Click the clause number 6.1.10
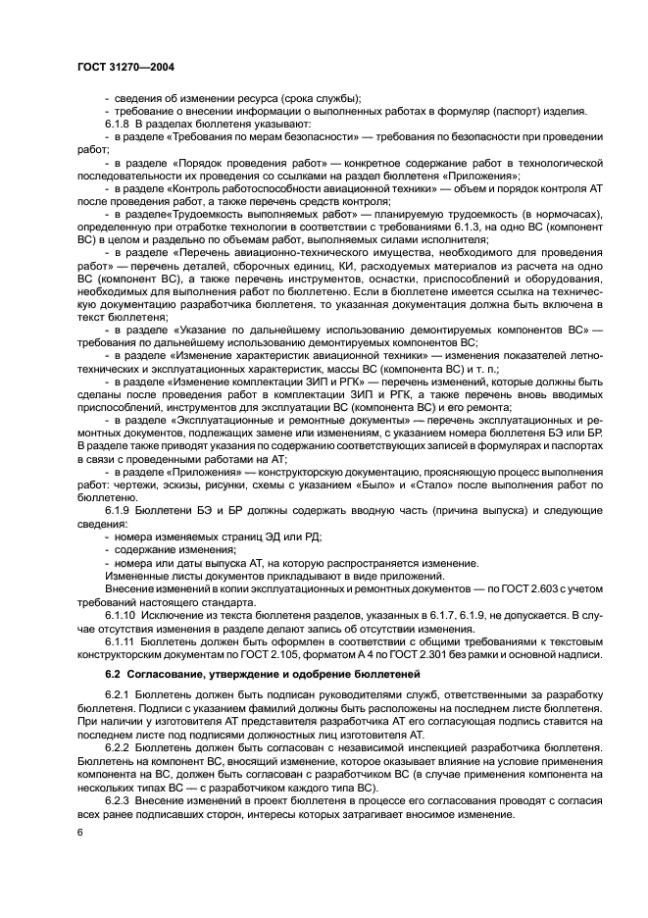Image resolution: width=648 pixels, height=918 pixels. pyautogui.click(x=123, y=614)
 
